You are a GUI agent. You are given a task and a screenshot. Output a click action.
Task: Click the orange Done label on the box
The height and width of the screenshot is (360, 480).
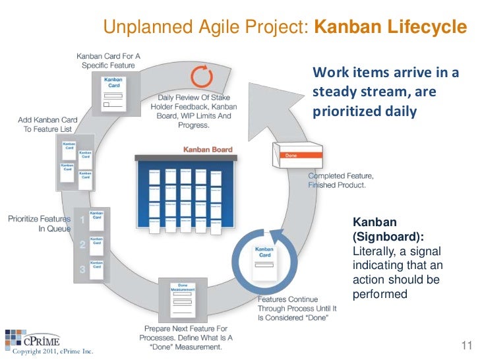[x=291, y=156]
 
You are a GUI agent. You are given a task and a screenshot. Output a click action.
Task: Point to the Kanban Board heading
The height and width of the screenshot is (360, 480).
[x=207, y=150]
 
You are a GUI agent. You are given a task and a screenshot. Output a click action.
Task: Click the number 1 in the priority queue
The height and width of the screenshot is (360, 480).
[x=82, y=220]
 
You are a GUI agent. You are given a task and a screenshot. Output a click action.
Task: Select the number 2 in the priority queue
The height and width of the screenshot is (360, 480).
[x=82, y=245]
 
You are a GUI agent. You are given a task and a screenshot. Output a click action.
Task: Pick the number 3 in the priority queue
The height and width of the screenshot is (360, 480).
[x=82, y=269]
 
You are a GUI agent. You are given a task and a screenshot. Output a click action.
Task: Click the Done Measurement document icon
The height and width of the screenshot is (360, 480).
[x=183, y=300]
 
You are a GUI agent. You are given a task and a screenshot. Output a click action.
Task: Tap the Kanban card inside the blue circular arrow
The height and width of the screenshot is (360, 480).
[x=264, y=260]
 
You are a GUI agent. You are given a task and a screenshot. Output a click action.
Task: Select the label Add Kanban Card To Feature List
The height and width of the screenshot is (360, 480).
[x=47, y=125]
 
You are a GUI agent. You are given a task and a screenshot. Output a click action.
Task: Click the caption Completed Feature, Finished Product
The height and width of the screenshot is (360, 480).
[x=342, y=181]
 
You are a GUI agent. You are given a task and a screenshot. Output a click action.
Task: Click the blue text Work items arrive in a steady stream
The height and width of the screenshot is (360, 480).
[x=386, y=92]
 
